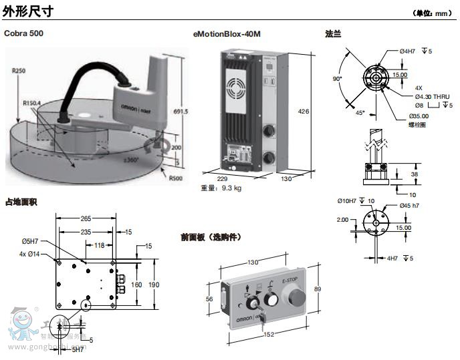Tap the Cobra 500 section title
tap(25, 33)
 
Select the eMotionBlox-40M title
tap(227, 33)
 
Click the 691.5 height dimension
tap(182, 112)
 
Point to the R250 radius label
tap(18, 69)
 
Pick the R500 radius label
tap(175, 178)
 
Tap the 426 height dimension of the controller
tap(304, 112)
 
